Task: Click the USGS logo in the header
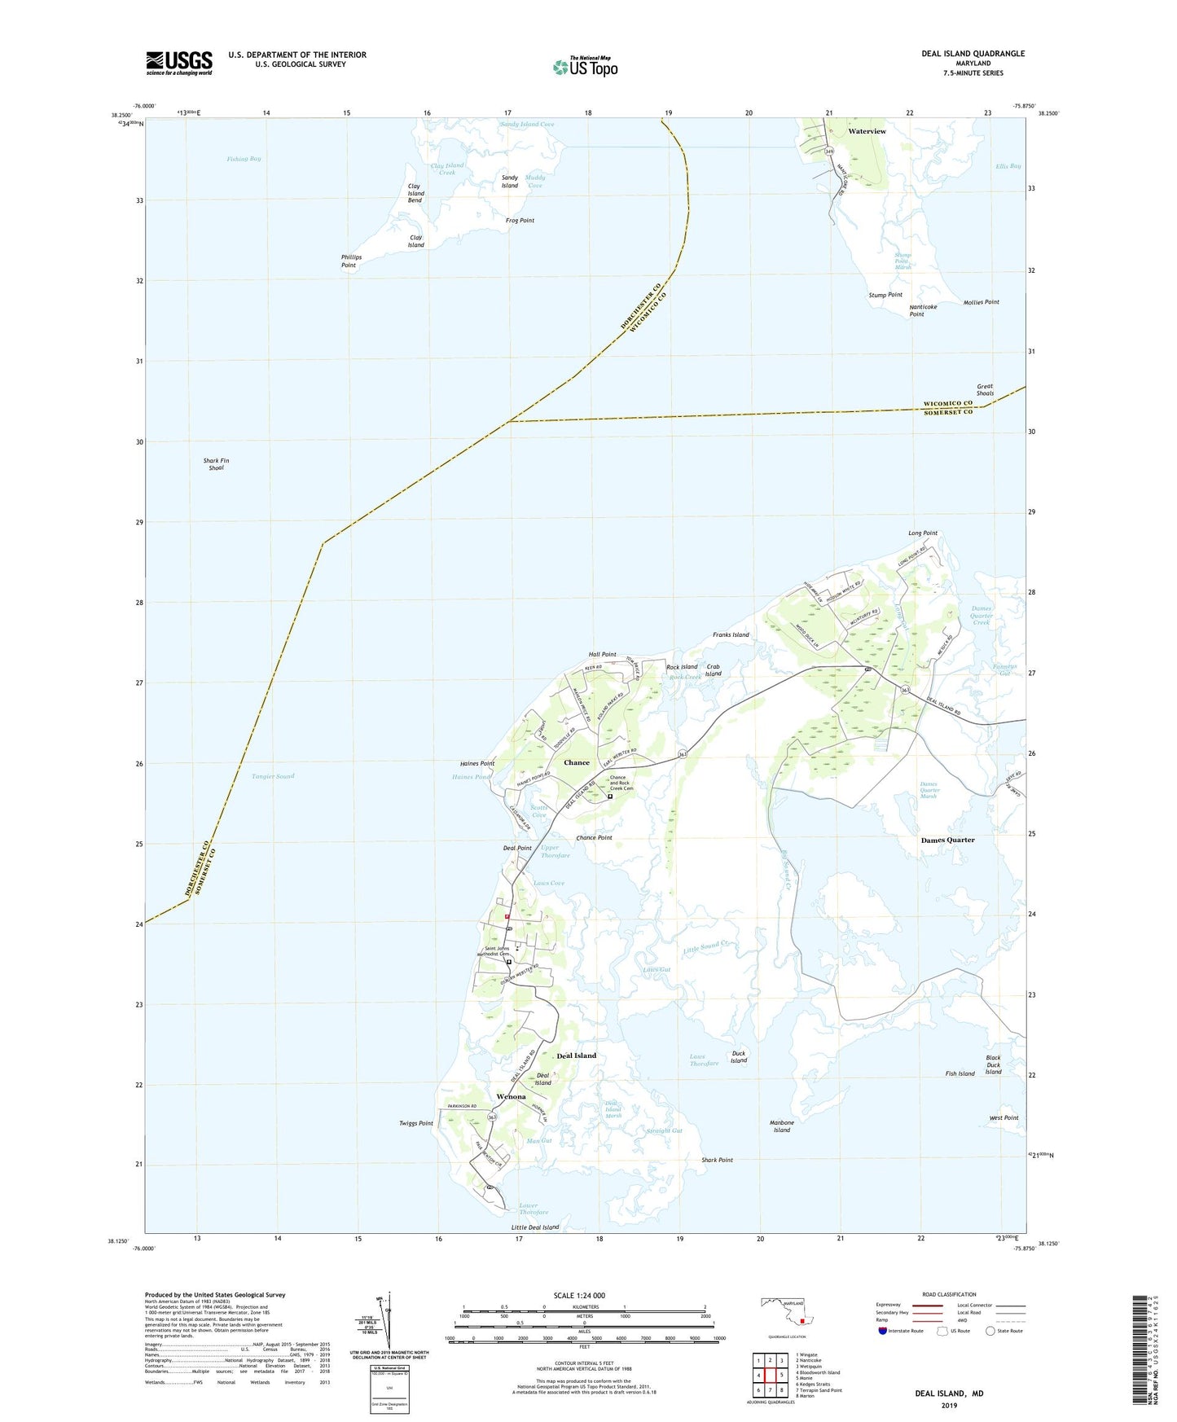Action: click(179, 63)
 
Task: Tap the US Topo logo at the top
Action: click(584, 67)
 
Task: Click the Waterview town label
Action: click(867, 131)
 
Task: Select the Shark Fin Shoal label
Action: click(216, 464)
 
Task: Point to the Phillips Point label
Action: click(351, 261)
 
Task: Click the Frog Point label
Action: click(520, 221)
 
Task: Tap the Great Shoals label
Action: click(986, 390)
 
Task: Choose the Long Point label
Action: click(923, 533)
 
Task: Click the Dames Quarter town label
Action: click(947, 840)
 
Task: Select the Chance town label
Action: click(577, 762)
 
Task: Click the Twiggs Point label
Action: click(416, 1123)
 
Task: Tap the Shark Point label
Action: click(717, 1160)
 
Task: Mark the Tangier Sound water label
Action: click(273, 777)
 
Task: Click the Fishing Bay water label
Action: click(244, 159)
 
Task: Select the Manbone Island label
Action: click(781, 1126)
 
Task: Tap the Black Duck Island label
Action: click(993, 1064)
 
